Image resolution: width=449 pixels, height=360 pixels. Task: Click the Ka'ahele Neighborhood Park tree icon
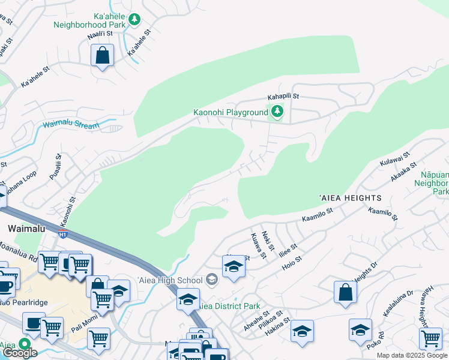pos(135,20)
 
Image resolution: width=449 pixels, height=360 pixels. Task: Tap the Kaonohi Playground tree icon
pos(277,112)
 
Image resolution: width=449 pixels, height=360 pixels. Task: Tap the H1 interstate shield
pos(63,233)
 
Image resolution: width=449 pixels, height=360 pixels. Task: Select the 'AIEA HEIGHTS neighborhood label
pos(350,198)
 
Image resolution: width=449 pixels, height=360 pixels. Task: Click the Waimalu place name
pos(23,229)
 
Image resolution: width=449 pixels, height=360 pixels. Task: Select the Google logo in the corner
pos(20,353)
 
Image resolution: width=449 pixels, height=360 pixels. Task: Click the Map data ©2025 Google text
pos(412,355)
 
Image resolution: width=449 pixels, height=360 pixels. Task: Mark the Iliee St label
pos(289,250)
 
